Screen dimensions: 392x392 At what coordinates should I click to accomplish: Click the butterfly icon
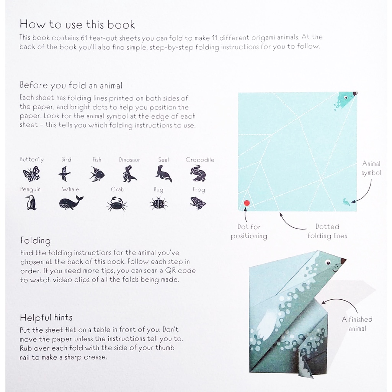[31, 173]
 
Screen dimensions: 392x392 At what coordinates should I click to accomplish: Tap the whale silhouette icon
[71, 202]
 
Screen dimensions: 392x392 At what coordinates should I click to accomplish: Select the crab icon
[116, 203]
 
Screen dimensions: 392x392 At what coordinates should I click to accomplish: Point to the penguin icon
[31, 202]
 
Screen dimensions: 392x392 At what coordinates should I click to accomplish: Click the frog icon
[198, 203]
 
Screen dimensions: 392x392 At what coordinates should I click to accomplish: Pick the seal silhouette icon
[164, 173]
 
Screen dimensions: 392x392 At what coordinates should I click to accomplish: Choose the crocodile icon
[198, 173]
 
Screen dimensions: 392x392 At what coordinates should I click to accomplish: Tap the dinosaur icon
[129, 173]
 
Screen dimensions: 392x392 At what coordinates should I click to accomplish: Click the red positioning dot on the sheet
[247, 203]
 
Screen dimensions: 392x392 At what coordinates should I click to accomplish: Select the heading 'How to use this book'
[77, 25]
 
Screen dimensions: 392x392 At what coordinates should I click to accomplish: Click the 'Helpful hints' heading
[46, 317]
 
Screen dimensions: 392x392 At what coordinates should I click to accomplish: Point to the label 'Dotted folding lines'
[327, 231]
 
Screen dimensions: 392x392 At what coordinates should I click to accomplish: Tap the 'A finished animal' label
[357, 324]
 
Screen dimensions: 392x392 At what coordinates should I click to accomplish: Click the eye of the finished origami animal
[328, 262]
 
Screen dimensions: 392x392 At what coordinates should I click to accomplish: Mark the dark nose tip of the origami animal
[343, 261]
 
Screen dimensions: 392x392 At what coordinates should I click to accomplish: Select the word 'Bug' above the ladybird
[158, 189]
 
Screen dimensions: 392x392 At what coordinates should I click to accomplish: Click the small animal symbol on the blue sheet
[346, 202]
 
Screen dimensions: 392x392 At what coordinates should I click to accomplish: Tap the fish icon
[97, 174]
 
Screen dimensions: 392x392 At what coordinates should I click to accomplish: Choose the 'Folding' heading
[36, 241]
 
